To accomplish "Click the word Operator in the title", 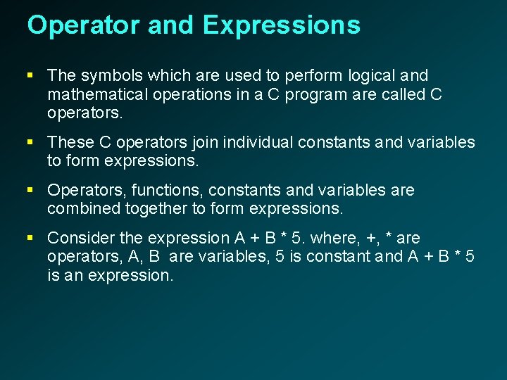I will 84,25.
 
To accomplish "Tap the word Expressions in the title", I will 282,25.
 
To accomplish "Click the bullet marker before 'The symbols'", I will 31,75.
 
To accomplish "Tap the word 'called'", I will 396,94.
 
